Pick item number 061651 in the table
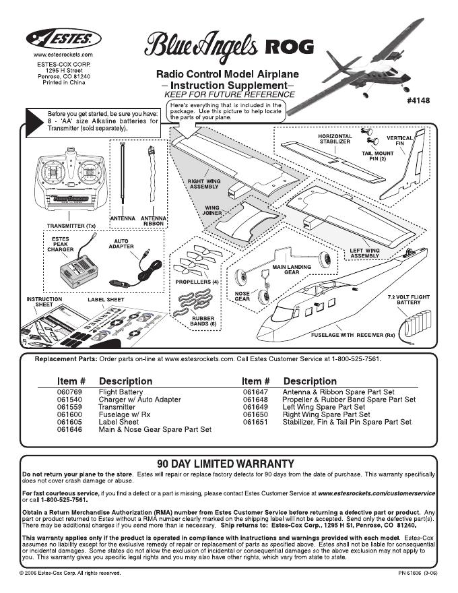click(256, 422)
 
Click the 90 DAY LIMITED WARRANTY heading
click(225, 464)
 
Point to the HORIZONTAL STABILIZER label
click(334, 139)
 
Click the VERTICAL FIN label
click(399, 142)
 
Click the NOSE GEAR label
click(242, 296)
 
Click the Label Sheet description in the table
click(119, 422)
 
